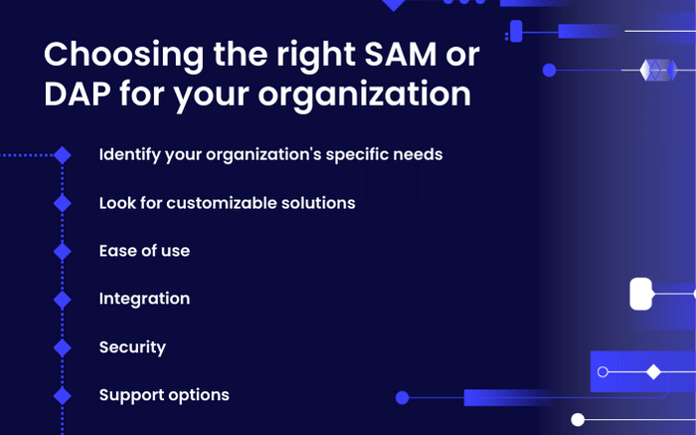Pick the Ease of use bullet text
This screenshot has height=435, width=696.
click(x=144, y=251)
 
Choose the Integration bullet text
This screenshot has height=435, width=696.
click(x=144, y=299)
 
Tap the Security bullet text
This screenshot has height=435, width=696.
click(x=132, y=347)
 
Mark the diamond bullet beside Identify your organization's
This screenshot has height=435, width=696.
click(x=63, y=155)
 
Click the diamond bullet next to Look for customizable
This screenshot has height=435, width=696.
click(x=63, y=203)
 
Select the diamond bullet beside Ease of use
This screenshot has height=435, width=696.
click(x=63, y=251)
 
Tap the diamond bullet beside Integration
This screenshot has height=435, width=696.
click(x=63, y=299)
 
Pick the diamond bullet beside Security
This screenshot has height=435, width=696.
click(x=63, y=347)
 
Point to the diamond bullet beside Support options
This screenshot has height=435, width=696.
click(x=63, y=395)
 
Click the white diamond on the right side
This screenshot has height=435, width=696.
click(x=653, y=372)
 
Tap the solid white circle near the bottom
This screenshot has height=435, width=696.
click(x=578, y=420)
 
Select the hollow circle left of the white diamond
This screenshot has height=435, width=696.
click(x=603, y=372)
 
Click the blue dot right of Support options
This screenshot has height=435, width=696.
click(x=402, y=397)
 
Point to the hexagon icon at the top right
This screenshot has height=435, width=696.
click(x=657, y=70)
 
